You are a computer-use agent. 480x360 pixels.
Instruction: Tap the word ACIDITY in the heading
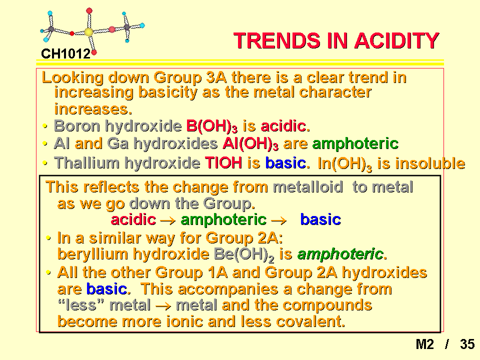[396, 40]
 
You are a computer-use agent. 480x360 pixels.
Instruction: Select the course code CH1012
[66, 54]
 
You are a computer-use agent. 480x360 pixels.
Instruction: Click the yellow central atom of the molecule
[89, 32]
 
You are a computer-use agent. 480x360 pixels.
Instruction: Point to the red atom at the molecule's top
[89, 11]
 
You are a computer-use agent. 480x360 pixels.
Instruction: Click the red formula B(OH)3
[211, 126]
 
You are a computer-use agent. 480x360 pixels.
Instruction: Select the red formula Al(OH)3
[250, 143]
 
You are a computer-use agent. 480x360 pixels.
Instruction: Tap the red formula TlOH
[223, 162]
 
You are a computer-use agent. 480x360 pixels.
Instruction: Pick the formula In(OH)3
[344, 164]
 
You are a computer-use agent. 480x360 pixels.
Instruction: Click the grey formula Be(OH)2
[244, 254]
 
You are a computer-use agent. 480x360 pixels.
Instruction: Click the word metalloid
[307, 186]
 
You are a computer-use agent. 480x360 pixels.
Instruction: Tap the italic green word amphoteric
[340, 254]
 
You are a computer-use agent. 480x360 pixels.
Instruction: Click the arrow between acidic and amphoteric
[168, 220]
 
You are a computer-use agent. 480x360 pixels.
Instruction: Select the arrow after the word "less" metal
[163, 306]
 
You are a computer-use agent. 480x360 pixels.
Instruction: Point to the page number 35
[467, 344]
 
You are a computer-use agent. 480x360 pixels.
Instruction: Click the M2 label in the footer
[424, 344]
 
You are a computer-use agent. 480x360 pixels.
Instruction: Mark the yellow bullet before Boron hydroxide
[45, 126]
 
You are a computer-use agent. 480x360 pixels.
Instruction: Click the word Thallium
[86, 162]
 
